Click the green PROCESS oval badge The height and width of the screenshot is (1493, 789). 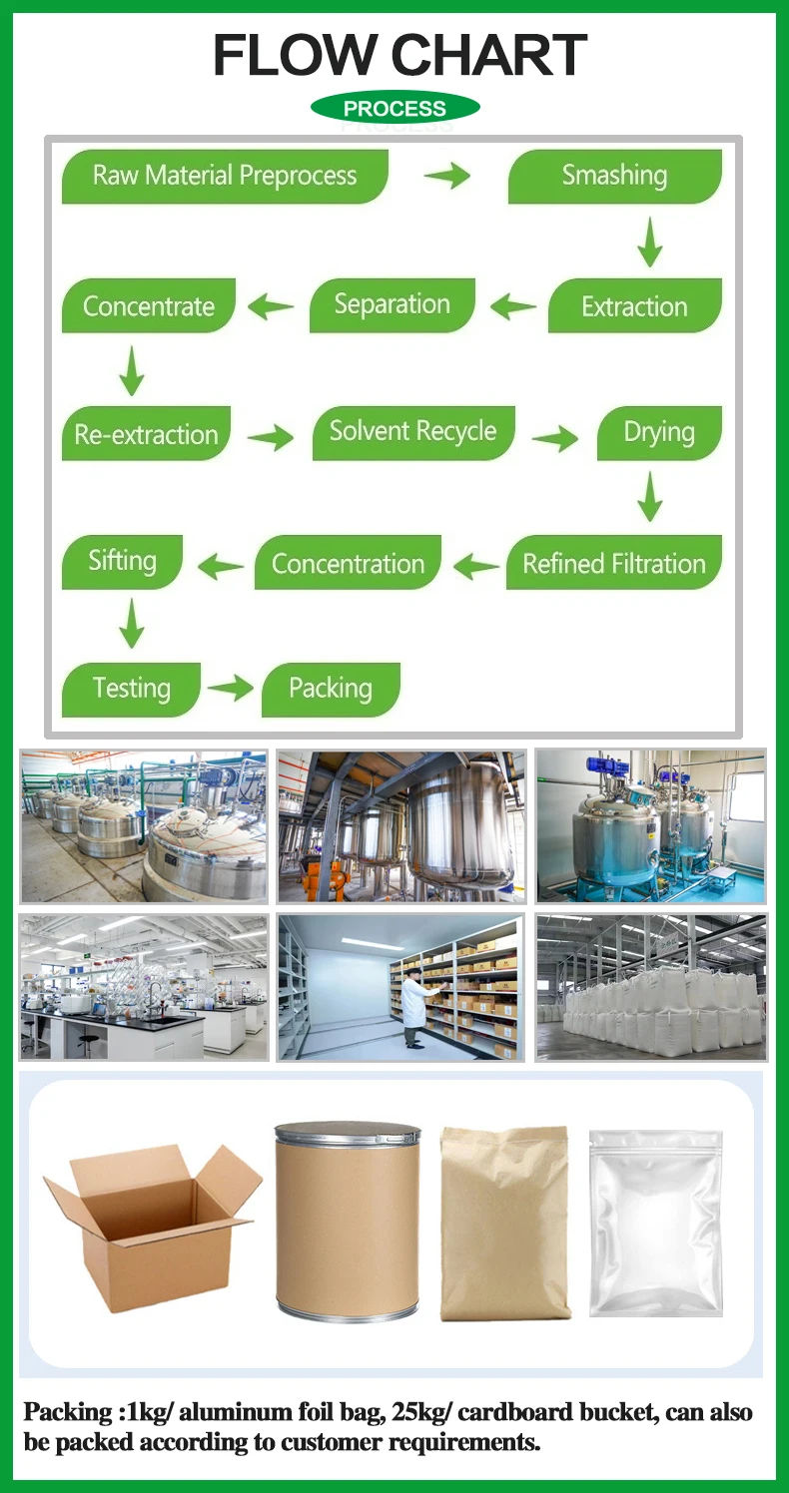point(394,108)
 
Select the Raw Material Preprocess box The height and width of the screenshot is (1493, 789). point(225,177)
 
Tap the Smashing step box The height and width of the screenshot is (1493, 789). point(614,177)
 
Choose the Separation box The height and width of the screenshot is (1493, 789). point(392,305)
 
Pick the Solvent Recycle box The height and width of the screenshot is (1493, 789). point(413,432)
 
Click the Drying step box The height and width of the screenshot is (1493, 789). point(659,433)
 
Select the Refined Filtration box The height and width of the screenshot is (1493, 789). point(613,564)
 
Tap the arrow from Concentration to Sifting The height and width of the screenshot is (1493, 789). point(220,567)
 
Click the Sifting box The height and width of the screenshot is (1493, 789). point(122,561)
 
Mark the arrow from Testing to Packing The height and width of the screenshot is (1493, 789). point(231,688)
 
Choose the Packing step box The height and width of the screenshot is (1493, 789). point(331,689)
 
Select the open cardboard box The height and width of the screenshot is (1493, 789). point(150,1223)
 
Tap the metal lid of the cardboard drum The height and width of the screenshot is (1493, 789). point(348,1133)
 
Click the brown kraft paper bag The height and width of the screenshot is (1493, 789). point(505,1223)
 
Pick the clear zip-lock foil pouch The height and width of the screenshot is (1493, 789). point(655,1223)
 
